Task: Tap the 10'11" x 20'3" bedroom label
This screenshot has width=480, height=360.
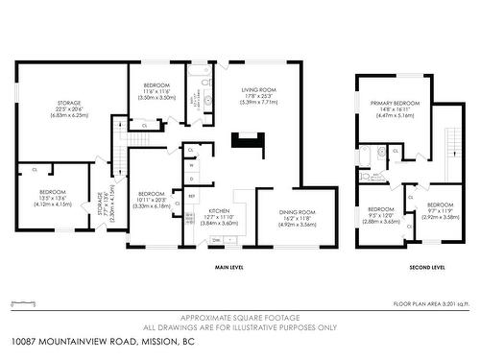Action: coord(154,199)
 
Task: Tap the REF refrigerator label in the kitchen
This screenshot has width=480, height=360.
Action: coord(191,197)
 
